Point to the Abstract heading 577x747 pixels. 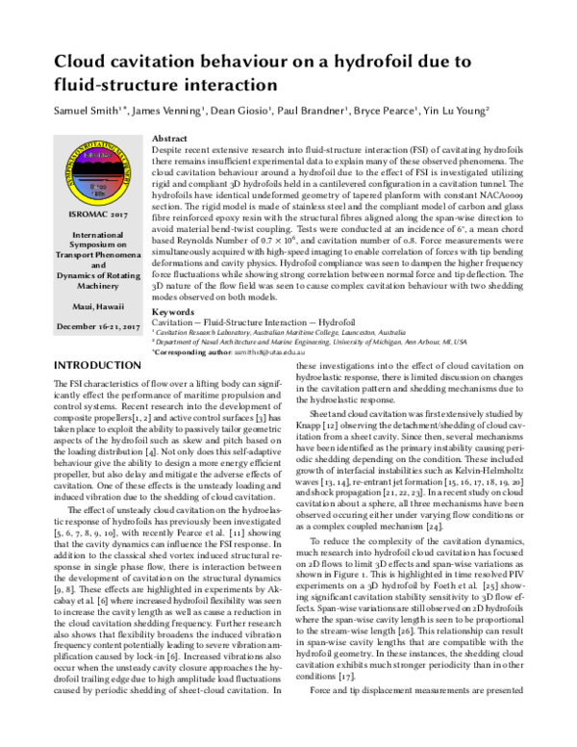tap(170, 139)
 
